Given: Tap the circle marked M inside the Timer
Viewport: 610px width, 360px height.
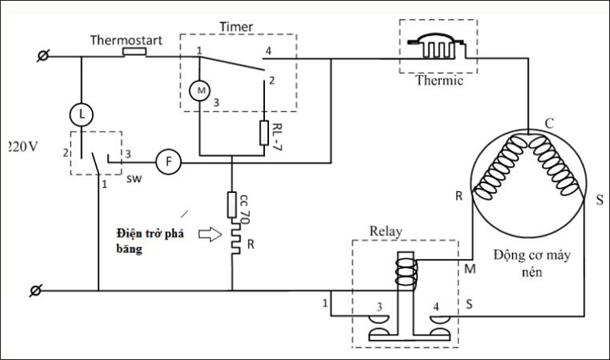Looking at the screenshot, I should (201, 89).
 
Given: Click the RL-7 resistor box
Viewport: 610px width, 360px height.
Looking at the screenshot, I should (264, 131).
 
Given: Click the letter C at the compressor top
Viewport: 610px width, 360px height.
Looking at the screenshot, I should (549, 124).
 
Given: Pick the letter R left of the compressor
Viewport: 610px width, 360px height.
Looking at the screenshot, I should (459, 198).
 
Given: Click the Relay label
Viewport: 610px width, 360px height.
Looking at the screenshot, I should (385, 231).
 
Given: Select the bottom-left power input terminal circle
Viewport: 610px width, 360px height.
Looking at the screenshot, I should (35, 291).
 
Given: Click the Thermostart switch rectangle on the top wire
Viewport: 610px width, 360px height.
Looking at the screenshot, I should (135, 53).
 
